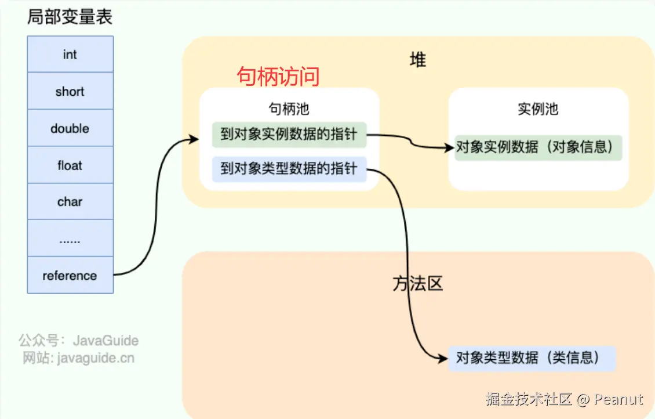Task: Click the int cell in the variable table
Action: pyautogui.click(x=70, y=55)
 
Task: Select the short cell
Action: pyautogui.click(x=70, y=91)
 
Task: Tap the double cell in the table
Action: pyautogui.click(x=70, y=128)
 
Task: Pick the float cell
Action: pyautogui.click(x=70, y=165)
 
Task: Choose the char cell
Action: pyautogui.click(x=70, y=202)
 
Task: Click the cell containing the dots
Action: pyautogui.click(x=70, y=239)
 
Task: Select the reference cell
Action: pyautogui.click(x=70, y=275)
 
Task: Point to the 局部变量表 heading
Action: pyautogui.click(x=70, y=17)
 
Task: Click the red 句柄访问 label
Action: pyautogui.click(x=278, y=77)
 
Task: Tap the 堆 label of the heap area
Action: pyautogui.click(x=417, y=60)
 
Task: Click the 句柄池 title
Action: pyautogui.click(x=289, y=109)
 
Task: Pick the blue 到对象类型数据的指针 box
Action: pyautogui.click(x=289, y=169)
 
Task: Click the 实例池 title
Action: pyautogui.click(x=538, y=109)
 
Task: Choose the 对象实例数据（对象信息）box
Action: pyautogui.click(x=537, y=147)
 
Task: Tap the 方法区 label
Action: pyautogui.click(x=417, y=283)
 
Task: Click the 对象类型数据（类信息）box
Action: pyautogui.click(x=531, y=357)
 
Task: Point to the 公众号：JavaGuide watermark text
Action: pyautogui.click(x=78, y=340)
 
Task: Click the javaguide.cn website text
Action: pyautogui.click(x=78, y=357)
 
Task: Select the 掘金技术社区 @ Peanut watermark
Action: pyautogui.click(x=564, y=399)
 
